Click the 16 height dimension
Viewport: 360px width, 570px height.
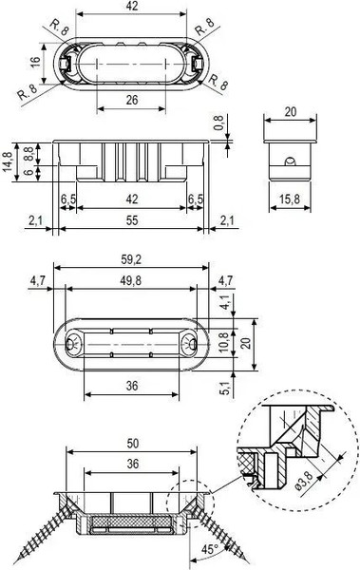point(35,62)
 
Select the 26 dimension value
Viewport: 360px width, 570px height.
point(132,100)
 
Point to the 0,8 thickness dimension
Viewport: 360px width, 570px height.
point(218,123)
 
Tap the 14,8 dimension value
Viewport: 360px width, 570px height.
point(8,161)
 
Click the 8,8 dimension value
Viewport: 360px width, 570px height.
point(28,154)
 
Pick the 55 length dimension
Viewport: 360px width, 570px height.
point(132,220)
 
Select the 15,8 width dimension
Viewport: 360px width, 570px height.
point(290,199)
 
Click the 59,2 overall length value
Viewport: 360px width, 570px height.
point(131,259)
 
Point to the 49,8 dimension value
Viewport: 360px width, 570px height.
point(131,280)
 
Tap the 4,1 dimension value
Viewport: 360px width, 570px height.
point(225,302)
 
